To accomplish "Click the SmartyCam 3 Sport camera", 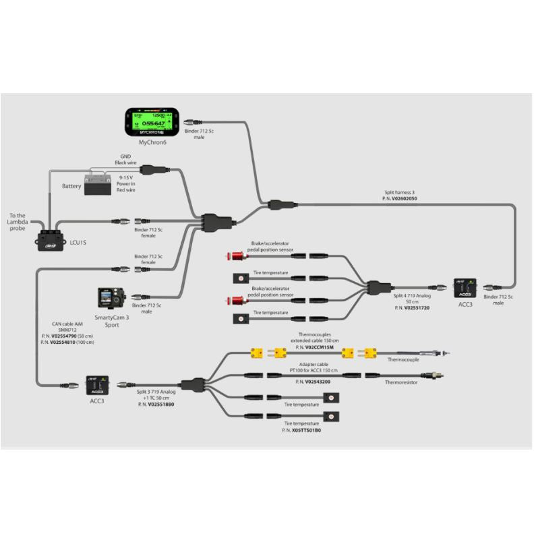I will click(x=110, y=297).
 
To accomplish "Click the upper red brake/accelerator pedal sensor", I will click(x=237, y=256).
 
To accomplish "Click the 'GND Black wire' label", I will click(x=125, y=160).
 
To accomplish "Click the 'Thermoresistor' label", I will click(x=402, y=382).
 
